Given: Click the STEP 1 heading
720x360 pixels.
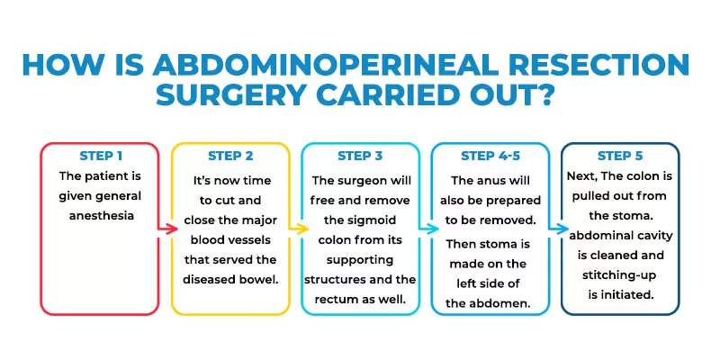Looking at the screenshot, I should click(x=107, y=156).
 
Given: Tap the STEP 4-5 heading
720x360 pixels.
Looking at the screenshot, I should click(x=491, y=156).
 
